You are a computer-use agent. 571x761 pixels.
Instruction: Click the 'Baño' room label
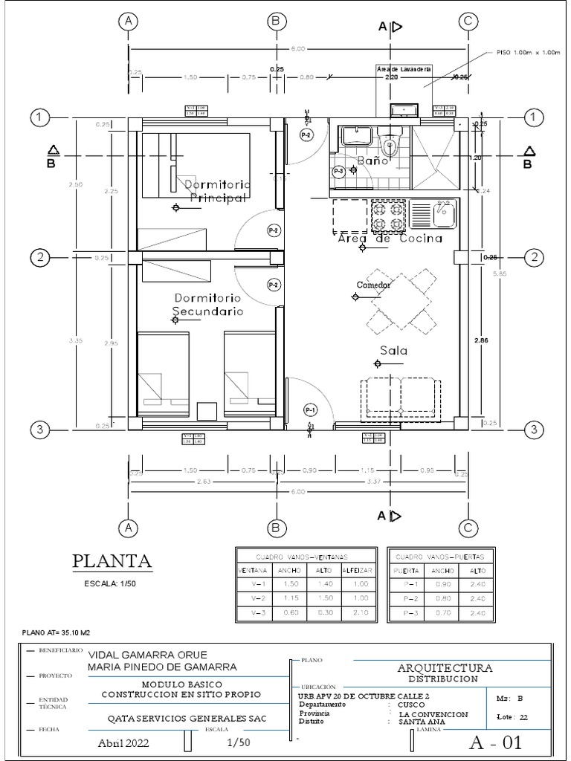coord(372,160)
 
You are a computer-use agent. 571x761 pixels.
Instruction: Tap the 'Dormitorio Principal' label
coord(217,191)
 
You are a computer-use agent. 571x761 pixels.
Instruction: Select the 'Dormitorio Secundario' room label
coord(208,305)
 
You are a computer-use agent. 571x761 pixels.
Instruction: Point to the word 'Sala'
coord(395,350)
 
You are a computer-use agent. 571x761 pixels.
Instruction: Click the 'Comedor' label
coord(373,285)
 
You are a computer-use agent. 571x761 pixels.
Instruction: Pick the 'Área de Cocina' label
coord(390,239)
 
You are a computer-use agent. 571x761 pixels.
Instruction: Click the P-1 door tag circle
coord(310,409)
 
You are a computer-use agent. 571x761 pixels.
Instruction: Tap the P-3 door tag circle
coord(339,171)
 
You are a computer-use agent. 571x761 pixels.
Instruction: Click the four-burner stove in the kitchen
coord(388,216)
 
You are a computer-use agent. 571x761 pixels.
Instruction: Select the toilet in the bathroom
coord(389,139)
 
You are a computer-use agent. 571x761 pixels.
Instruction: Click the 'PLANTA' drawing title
coord(112,560)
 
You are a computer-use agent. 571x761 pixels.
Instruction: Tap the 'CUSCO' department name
coord(411,705)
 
